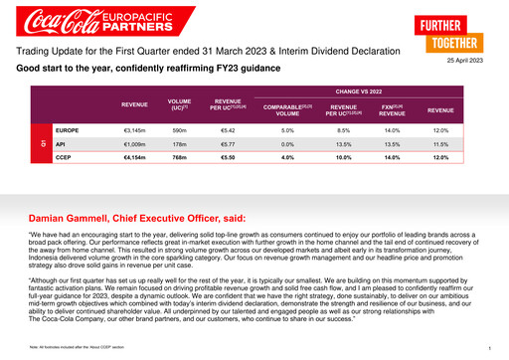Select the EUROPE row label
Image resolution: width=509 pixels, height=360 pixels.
tap(68, 130)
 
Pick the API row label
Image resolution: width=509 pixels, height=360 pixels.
tap(62, 144)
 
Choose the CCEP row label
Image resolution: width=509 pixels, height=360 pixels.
tap(64, 157)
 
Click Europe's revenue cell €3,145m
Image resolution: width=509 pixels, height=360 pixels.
tap(133, 130)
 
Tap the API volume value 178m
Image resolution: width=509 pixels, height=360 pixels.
tap(179, 144)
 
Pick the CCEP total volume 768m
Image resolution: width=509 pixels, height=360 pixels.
tap(179, 157)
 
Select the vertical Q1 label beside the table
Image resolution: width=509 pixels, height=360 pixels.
tap(43, 144)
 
